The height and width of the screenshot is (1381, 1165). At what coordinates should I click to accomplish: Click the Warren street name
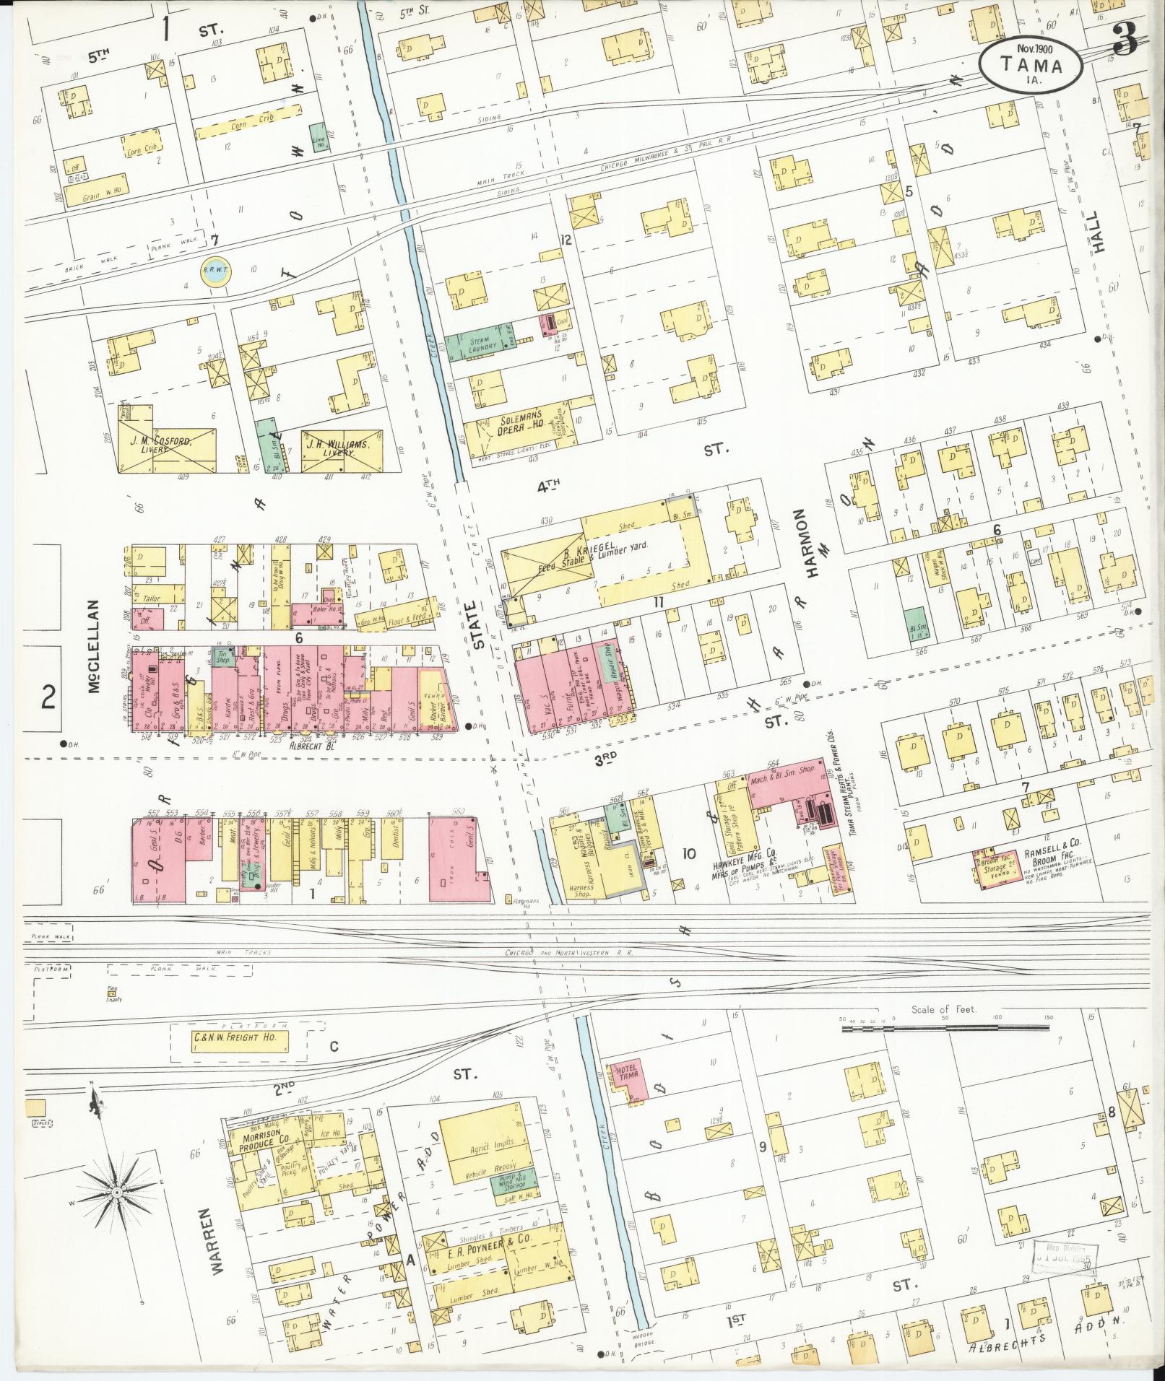[x=222, y=1247]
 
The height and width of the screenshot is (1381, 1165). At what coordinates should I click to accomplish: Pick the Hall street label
[x=1098, y=231]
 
